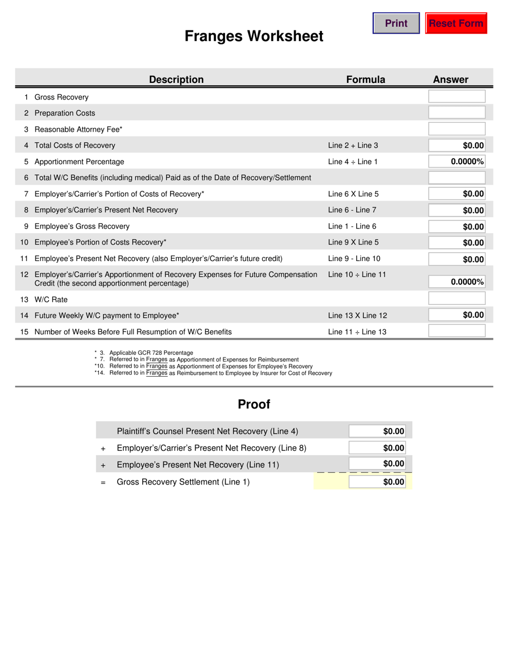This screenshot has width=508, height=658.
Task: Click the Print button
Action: (x=396, y=24)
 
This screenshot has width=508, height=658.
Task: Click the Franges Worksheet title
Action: (x=254, y=36)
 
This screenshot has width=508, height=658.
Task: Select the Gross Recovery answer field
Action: (x=457, y=97)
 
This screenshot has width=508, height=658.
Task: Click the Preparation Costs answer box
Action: (x=457, y=113)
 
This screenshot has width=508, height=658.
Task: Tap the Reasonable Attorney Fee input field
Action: (x=457, y=129)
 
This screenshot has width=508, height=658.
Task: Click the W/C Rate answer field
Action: (x=457, y=299)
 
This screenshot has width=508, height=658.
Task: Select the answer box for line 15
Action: (x=457, y=331)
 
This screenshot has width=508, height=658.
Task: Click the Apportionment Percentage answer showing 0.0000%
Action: (x=457, y=162)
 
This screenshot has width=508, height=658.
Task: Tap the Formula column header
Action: (x=366, y=80)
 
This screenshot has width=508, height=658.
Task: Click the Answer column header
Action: (x=450, y=80)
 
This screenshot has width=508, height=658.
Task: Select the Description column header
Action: (x=176, y=80)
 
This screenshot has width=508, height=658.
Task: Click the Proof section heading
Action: (x=254, y=404)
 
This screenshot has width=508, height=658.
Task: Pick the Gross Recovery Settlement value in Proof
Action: (x=377, y=482)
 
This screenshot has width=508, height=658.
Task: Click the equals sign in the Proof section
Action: (x=103, y=482)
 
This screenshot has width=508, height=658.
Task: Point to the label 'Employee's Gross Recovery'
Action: (x=82, y=226)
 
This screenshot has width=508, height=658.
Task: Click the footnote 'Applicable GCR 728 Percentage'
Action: (x=151, y=353)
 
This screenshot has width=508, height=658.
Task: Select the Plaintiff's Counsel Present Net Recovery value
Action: (x=377, y=431)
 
